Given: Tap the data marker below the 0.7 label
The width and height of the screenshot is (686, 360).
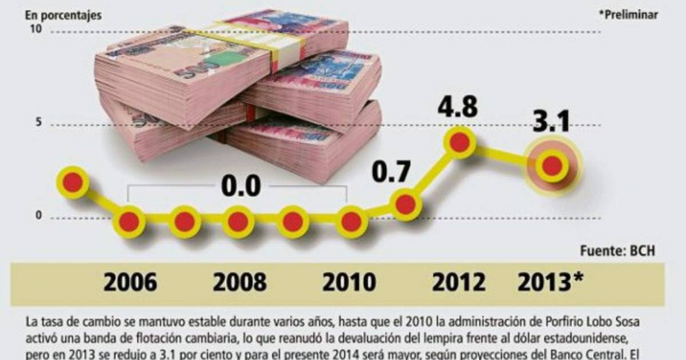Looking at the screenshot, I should click(x=405, y=204).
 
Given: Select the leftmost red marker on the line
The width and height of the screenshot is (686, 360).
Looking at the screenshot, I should click(x=73, y=182).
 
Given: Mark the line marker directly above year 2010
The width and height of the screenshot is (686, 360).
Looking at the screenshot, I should click(x=350, y=221).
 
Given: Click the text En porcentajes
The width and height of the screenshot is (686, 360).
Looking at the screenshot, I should click(x=62, y=16).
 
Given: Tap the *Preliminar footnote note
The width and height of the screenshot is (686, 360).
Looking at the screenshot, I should click(x=628, y=16).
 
